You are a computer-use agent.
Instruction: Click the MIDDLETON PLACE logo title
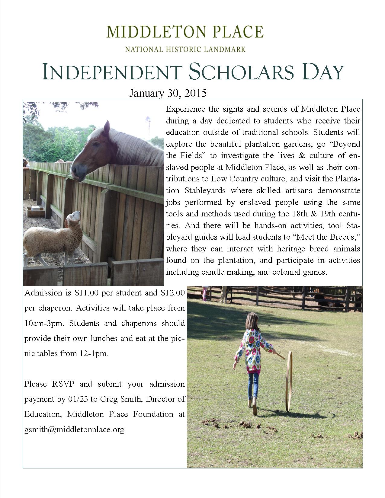(x=185, y=32)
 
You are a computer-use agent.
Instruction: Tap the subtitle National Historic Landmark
(x=185, y=49)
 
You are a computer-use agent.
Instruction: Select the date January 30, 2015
(x=168, y=93)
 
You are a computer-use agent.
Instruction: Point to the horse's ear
(x=106, y=127)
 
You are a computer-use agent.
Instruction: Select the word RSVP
(x=63, y=384)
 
